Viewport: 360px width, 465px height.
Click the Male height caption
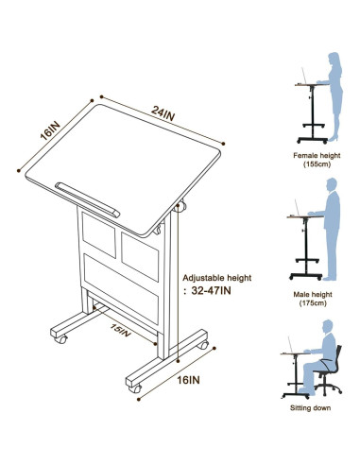click(x=316, y=296)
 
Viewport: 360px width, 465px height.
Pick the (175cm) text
click(x=316, y=306)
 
